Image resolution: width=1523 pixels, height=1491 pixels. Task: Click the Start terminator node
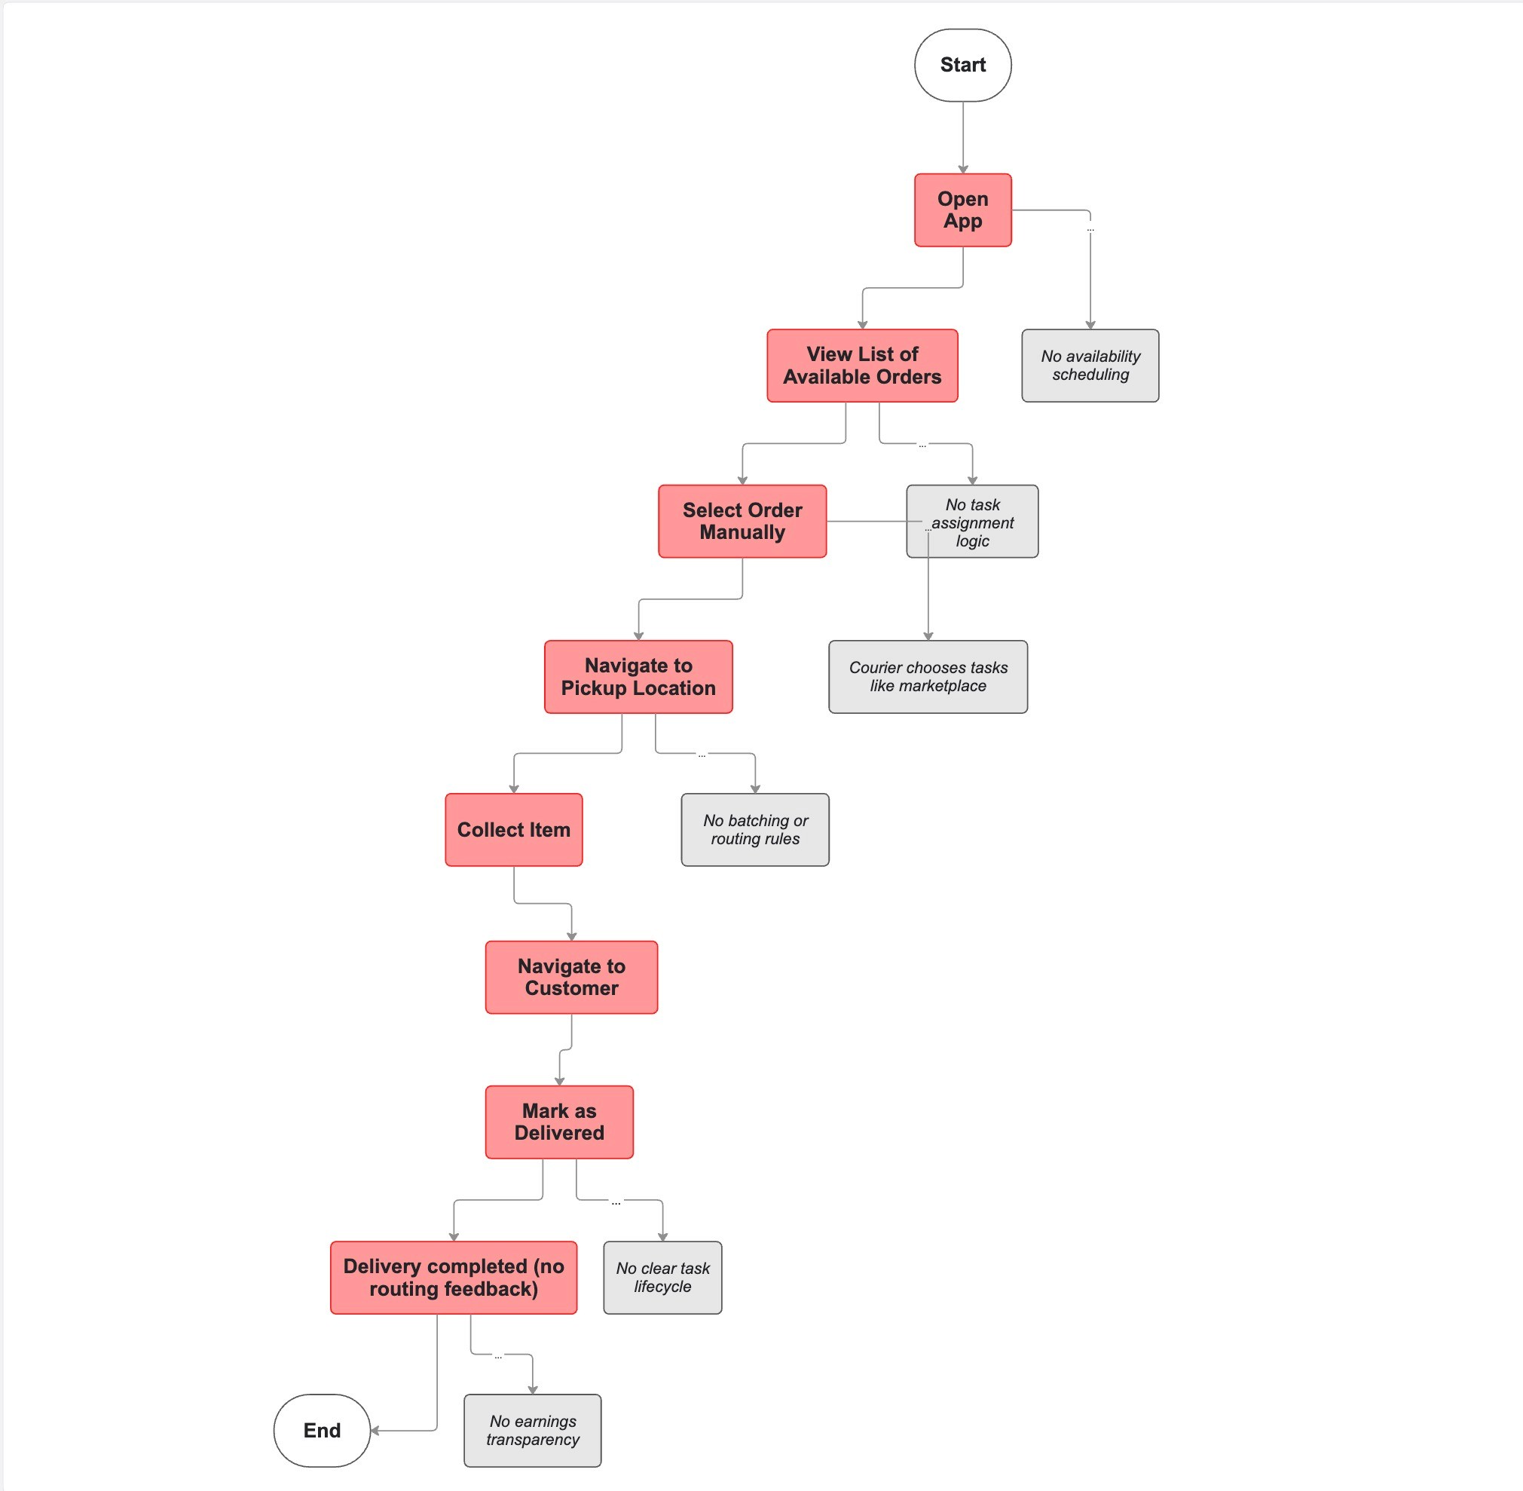962,65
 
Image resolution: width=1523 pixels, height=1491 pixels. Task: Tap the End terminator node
321,1430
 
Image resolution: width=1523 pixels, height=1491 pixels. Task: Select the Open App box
962,210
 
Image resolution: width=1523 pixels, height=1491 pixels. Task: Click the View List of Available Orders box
861,366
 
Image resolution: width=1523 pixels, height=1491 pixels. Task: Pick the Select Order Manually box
742,521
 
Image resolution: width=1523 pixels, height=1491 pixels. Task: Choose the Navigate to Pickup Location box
638,677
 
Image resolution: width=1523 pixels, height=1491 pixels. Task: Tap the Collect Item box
514,829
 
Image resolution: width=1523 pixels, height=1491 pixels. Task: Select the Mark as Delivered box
559,1122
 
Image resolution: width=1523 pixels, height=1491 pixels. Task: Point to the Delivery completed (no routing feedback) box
454,1277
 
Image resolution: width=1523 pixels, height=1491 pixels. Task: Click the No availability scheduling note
1090,366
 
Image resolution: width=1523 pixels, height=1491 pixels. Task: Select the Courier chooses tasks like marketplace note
928,677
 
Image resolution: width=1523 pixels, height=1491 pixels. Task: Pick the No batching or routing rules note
755,829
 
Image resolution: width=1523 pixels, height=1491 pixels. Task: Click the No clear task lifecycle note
662,1277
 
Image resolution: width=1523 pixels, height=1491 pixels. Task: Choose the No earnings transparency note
533,1430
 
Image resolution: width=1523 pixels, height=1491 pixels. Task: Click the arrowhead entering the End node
375,1431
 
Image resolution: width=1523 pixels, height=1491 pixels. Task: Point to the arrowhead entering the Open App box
962,169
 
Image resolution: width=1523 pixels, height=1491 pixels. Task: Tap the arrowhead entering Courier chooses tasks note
928,636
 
